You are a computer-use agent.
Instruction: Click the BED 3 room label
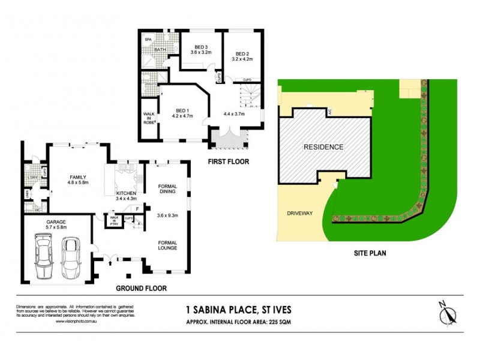202,47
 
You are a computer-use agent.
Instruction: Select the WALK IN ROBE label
149,117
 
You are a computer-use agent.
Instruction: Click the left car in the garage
44,256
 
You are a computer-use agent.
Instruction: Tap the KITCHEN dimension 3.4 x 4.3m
126,197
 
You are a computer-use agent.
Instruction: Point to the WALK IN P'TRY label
111,220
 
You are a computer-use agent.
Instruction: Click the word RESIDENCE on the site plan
323,146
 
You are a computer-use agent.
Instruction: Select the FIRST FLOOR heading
229,162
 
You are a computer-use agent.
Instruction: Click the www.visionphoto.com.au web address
77,321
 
